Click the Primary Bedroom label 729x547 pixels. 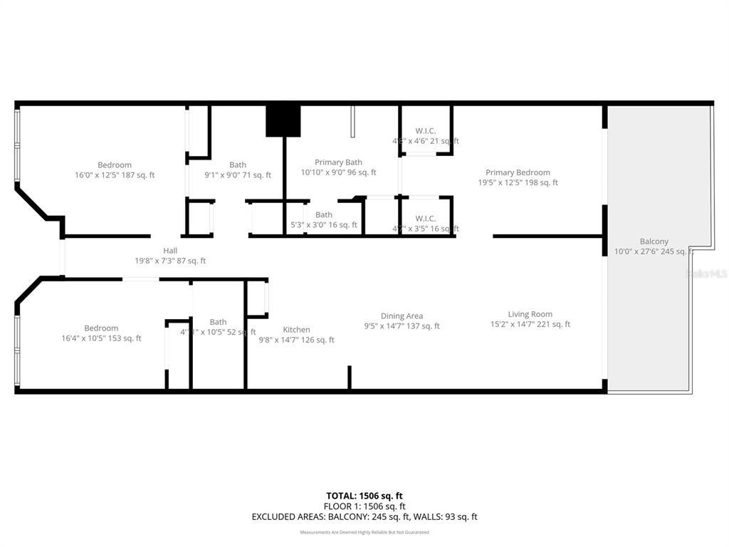click(518, 172)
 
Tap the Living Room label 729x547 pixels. click(530, 314)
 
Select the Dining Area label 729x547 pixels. click(402, 316)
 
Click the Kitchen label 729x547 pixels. click(296, 330)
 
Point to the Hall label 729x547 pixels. click(170, 251)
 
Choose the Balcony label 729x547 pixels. click(654, 241)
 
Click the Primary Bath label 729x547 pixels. click(338, 162)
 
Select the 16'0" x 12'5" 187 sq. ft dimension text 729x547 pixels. click(115, 175)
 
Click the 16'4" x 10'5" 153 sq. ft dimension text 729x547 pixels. click(101, 338)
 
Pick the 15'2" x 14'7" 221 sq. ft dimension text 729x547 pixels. click(530, 325)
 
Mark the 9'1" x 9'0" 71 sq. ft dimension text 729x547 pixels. click(238, 175)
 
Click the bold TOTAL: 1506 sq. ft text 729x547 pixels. click(364, 496)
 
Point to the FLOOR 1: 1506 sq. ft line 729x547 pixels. click(364, 506)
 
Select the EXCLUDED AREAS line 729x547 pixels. click(364, 517)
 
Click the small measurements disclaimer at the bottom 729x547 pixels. click(364, 532)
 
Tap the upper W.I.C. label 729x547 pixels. click(426, 130)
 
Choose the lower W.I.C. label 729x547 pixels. click(426, 218)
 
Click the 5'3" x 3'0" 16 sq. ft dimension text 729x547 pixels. click(324, 225)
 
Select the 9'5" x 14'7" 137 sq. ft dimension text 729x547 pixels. click(402, 326)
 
